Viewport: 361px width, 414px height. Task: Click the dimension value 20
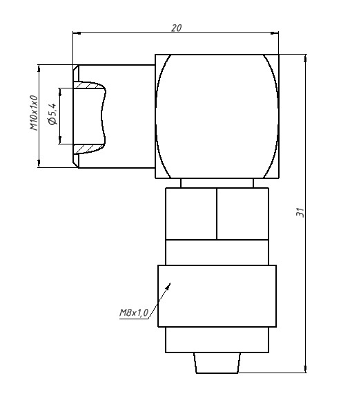coord(177,28)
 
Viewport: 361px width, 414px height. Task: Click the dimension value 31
coord(300,212)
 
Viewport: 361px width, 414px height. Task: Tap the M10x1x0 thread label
coord(34,113)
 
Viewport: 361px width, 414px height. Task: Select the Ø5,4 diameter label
coord(52,114)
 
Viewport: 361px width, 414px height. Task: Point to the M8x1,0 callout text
coord(134,313)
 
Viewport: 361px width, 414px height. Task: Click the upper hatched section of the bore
coord(88,85)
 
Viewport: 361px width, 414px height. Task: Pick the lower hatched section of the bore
coord(88,149)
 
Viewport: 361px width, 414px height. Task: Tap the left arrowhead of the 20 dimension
coord(77,33)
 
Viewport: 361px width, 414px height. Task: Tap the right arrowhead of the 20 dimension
coord(275,33)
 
